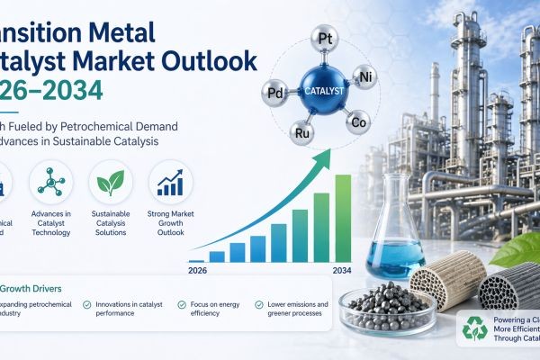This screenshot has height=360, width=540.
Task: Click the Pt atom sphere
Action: coord(325,39)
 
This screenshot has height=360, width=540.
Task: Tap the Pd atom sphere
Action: coord(274,91)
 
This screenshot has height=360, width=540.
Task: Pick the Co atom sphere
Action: coord(357,122)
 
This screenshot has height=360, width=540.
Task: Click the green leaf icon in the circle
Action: coord(111,184)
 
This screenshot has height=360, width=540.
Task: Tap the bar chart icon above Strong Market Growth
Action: coord(170,184)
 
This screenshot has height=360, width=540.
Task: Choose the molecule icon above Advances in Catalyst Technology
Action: coord(51,184)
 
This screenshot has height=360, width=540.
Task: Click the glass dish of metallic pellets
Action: coord(379,306)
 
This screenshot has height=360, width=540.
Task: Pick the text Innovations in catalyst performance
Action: coord(131,310)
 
